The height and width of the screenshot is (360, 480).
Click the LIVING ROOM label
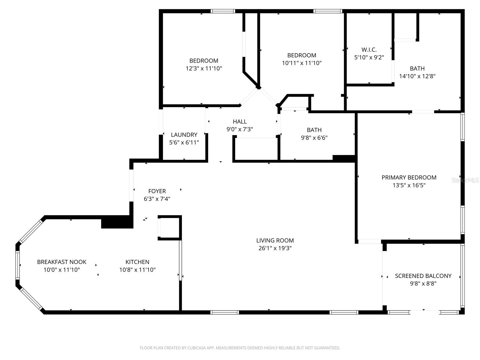pyautogui.click(x=275, y=240)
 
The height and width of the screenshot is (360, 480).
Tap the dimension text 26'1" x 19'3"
pyautogui.click(x=275, y=248)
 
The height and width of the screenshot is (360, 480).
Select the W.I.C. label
pyautogui.click(x=369, y=49)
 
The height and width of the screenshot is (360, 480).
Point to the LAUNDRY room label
pyautogui.click(x=184, y=135)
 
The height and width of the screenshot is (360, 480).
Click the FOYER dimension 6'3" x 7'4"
pyautogui.click(x=157, y=199)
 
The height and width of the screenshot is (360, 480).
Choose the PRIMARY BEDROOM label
pyautogui.click(x=409, y=177)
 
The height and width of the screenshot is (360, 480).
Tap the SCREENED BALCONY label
pyautogui.click(x=423, y=276)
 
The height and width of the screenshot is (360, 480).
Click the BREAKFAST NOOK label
pyautogui.click(x=61, y=262)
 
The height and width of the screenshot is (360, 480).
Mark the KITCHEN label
pyautogui.click(x=137, y=262)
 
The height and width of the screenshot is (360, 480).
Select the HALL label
pyautogui.click(x=240, y=121)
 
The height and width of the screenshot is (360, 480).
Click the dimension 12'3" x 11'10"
pyautogui.click(x=204, y=68)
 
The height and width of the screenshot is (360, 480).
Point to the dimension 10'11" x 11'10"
pyautogui.click(x=301, y=63)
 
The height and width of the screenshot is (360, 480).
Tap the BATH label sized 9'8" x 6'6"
pyautogui.click(x=314, y=130)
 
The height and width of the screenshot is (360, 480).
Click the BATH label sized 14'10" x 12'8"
pyautogui.click(x=417, y=68)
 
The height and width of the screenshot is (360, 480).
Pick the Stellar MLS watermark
pyautogui.click(x=465, y=180)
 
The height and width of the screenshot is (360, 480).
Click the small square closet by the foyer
pyautogui.click(x=169, y=227)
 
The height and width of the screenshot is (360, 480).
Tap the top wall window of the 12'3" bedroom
pyautogui.click(x=223, y=11)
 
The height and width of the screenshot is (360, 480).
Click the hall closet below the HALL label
pyautogui.click(x=256, y=149)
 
